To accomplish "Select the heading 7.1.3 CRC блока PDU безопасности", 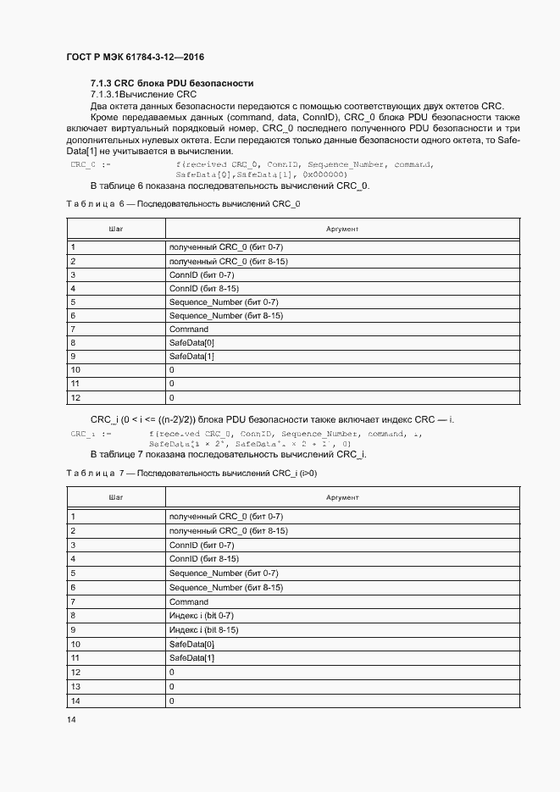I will point(172,83).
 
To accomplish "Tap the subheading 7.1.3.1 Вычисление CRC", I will point(143,94).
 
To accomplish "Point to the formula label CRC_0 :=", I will point(89,164).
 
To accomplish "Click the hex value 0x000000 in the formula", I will point(319,174).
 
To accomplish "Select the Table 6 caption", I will point(182,204).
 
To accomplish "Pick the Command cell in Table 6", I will point(188,329).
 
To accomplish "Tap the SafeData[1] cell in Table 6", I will point(191,357).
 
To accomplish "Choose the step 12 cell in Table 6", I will point(75,397).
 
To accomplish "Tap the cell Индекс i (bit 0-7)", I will point(202,615).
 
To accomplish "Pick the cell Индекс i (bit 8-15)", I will point(203,629).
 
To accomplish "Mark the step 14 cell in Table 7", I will point(75,701).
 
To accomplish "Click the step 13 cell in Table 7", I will point(75,686).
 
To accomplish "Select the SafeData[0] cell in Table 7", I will point(191,644).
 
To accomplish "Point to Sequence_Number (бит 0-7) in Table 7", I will point(224,573).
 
